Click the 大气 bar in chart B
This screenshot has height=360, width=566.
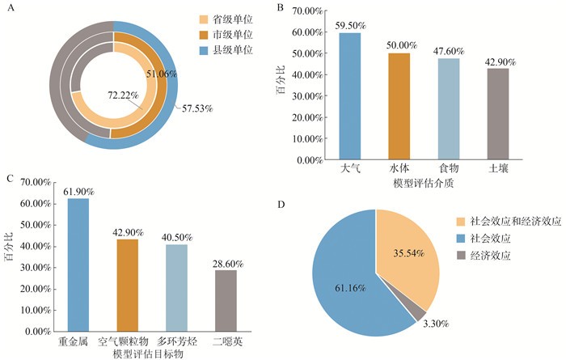(x=350, y=97)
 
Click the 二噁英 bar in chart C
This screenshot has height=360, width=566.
(x=226, y=300)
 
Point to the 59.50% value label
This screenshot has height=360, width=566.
(x=350, y=25)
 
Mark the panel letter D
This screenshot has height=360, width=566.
(x=280, y=204)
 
